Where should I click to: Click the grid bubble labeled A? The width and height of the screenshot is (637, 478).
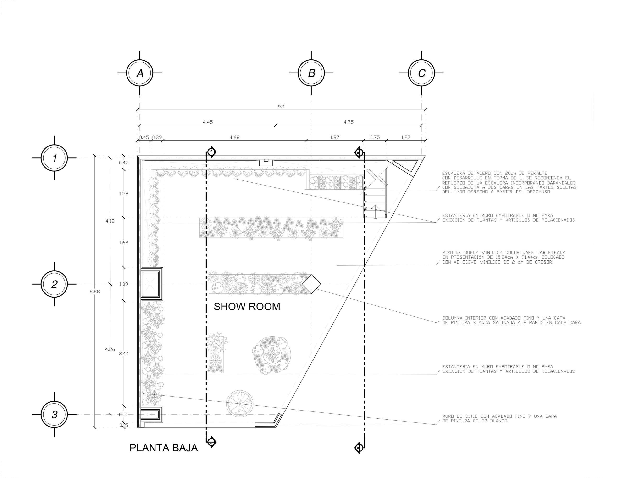click(x=140, y=73)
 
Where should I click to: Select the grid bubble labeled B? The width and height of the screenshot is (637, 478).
click(x=311, y=73)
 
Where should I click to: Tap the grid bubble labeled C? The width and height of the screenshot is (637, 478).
click(x=421, y=73)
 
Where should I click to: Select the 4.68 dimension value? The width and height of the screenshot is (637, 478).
click(x=234, y=137)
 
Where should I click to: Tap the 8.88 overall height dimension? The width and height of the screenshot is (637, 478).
click(x=94, y=292)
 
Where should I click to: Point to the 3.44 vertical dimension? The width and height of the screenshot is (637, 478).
click(x=124, y=354)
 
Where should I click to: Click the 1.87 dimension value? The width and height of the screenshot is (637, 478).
click(x=335, y=137)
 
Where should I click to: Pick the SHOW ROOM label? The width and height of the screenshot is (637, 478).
click(x=247, y=307)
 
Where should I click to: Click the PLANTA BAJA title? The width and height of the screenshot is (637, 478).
click(x=164, y=448)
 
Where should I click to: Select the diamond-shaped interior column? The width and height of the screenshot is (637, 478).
click(x=311, y=284)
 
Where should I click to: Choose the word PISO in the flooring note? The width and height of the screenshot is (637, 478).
click(x=448, y=252)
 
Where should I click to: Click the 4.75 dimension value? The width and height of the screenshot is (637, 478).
click(x=349, y=122)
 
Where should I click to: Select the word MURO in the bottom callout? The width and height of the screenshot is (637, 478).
click(x=448, y=416)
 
